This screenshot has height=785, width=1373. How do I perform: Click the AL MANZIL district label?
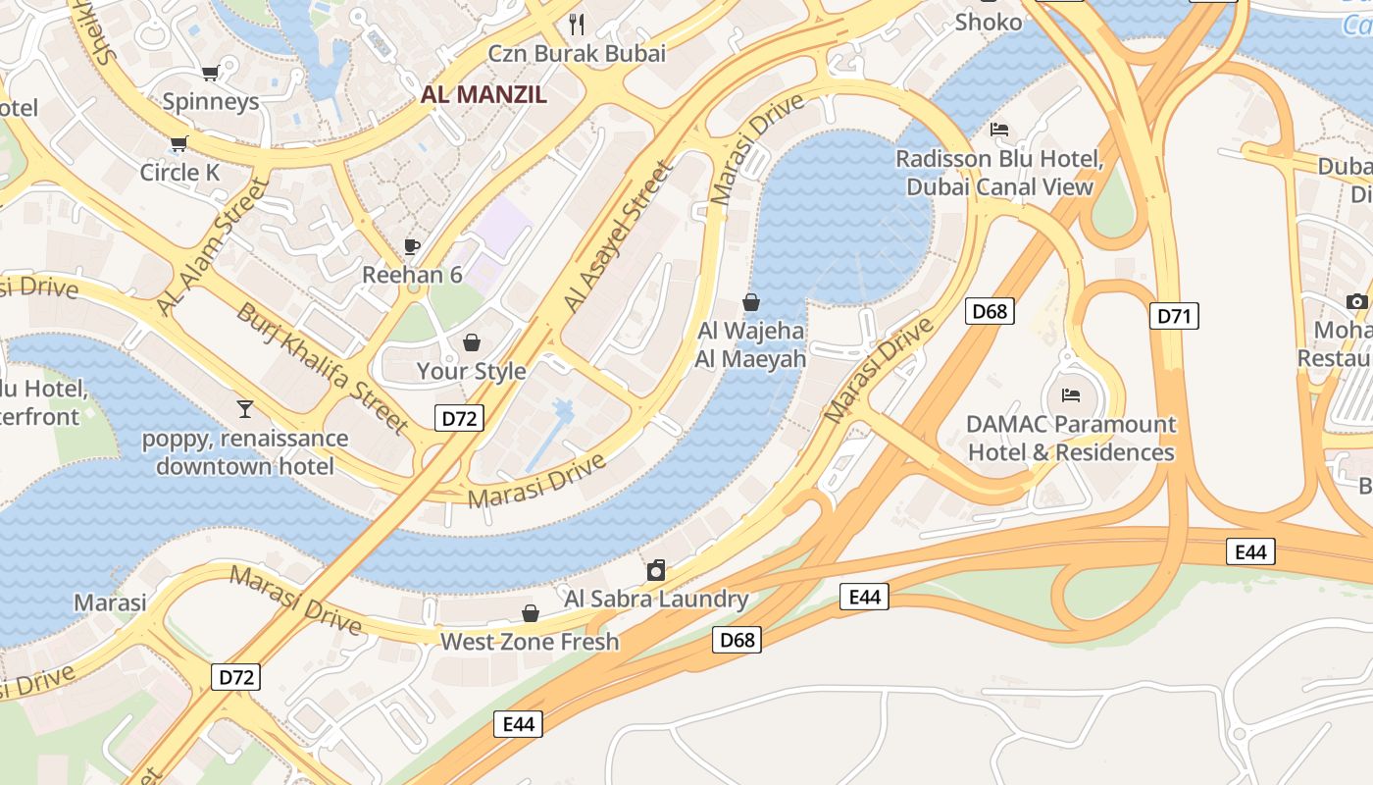pos(483,94)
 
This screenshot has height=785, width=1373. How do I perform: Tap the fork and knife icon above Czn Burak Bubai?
pos(577,24)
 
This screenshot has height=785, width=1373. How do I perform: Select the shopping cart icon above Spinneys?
pos(210,73)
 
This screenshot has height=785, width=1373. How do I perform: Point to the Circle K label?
pos(179,173)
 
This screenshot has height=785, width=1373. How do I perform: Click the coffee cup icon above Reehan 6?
pos(412,245)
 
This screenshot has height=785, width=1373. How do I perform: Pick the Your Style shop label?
pos(471,371)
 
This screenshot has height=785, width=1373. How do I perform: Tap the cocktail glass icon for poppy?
pos(244,408)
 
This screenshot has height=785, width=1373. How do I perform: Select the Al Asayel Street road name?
pos(620,238)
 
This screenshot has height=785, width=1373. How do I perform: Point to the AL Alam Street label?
pos(213,247)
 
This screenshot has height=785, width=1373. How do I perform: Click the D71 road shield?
pos(1174,316)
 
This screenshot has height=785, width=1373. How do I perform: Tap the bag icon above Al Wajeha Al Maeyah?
pos(751,302)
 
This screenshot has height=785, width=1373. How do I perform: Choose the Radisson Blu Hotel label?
pos(999,173)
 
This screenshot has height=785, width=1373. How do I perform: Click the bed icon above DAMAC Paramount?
pos(1071,395)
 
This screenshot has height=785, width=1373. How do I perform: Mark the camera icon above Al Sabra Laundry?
pos(656,570)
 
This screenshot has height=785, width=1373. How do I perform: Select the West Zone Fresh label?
pos(530,642)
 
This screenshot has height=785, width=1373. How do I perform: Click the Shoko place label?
pos(988,22)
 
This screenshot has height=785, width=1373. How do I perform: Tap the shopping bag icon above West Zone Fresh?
pos(530,613)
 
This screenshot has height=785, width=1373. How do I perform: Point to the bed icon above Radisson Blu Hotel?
pos(999,130)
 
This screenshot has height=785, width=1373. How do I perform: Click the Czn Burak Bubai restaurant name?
pos(577,53)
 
